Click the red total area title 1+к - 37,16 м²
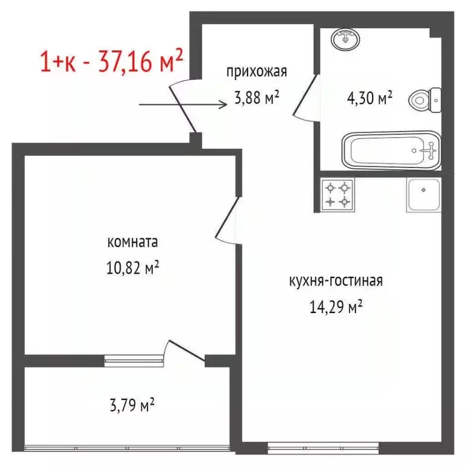[x=111, y=61]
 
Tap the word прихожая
[x=256, y=72]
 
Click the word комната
[x=132, y=243]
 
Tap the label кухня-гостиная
[x=335, y=282]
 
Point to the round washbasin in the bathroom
[x=346, y=39]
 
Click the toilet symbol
[x=424, y=98]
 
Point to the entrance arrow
[x=182, y=104]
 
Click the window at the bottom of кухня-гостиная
[x=324, y=450]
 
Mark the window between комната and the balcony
[x=133, y=361]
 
